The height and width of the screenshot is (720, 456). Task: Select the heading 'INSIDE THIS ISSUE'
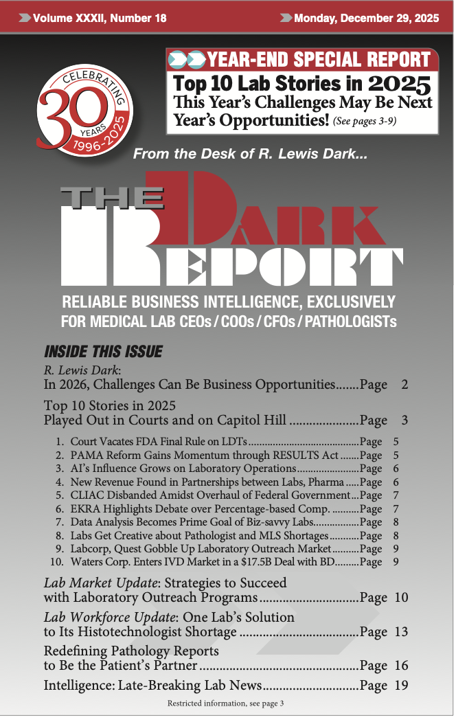103,352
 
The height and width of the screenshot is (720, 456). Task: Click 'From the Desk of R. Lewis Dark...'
251,155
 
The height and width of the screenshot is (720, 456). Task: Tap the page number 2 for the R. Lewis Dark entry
404,385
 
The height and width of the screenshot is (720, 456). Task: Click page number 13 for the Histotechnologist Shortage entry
401,631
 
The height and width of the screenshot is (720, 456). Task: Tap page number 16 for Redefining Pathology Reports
401,665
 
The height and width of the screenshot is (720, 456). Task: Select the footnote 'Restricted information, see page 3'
225,704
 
